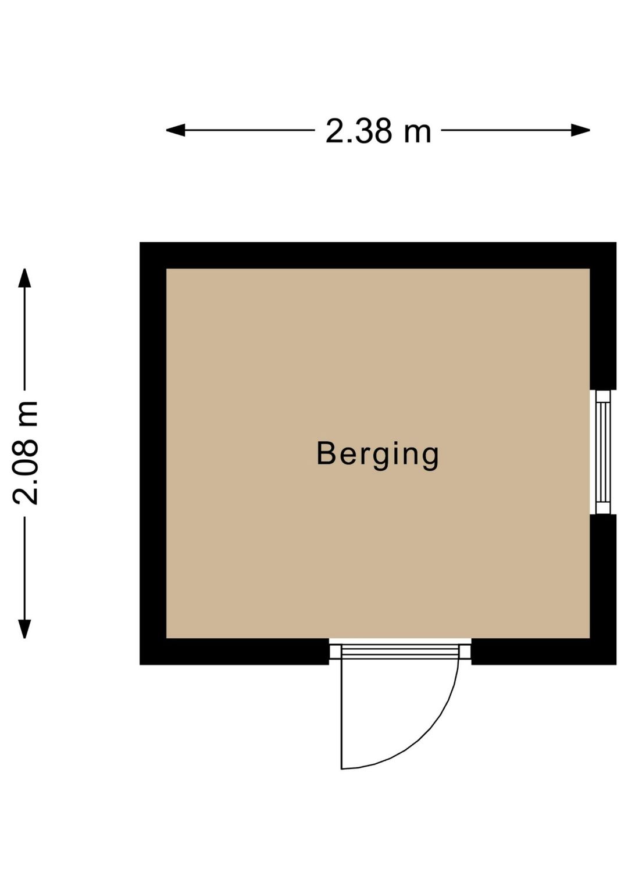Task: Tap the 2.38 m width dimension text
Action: click(x=378, y=131)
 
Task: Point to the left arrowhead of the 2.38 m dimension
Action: click(x=176, y=130)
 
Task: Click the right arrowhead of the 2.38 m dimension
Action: click(x=580, y=130)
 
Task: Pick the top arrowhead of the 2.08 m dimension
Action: click(x=24, y=278)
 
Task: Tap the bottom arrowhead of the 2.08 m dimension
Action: click(x=24, y=629)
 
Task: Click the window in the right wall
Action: click(x=603, y=452)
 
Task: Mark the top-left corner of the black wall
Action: click(x=140, y=243)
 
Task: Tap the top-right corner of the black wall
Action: click(x=616, y=243)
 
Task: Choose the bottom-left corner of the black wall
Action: click(x=140, y=664)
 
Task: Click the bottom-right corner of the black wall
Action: click(x=616, y=664)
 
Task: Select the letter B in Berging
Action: click(x=326, y=453)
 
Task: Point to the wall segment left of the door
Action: click(x=234, y=652)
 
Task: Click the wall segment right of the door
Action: click(x=544, y=652)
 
